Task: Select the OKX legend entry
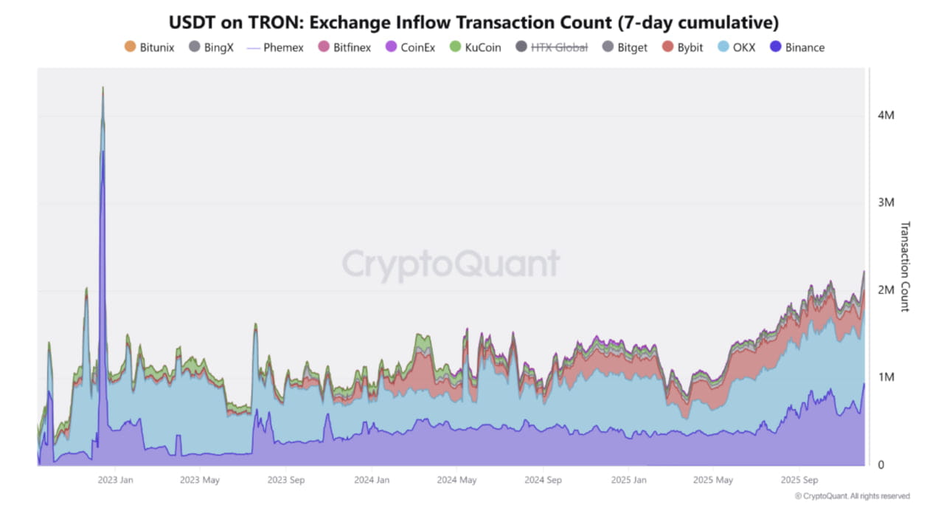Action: point(737,47)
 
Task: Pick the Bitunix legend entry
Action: point(150,47)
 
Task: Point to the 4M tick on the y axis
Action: point(886,116)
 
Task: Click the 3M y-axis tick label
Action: point(886,202)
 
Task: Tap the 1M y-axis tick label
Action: point(886,377)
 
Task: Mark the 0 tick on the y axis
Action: point(881,464)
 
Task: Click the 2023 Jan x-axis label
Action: point(115,479)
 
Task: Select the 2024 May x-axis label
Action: point(457,479)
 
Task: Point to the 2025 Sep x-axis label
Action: point(799,479)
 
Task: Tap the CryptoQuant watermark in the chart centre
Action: point(451,264)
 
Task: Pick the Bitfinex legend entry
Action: point(344,47)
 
